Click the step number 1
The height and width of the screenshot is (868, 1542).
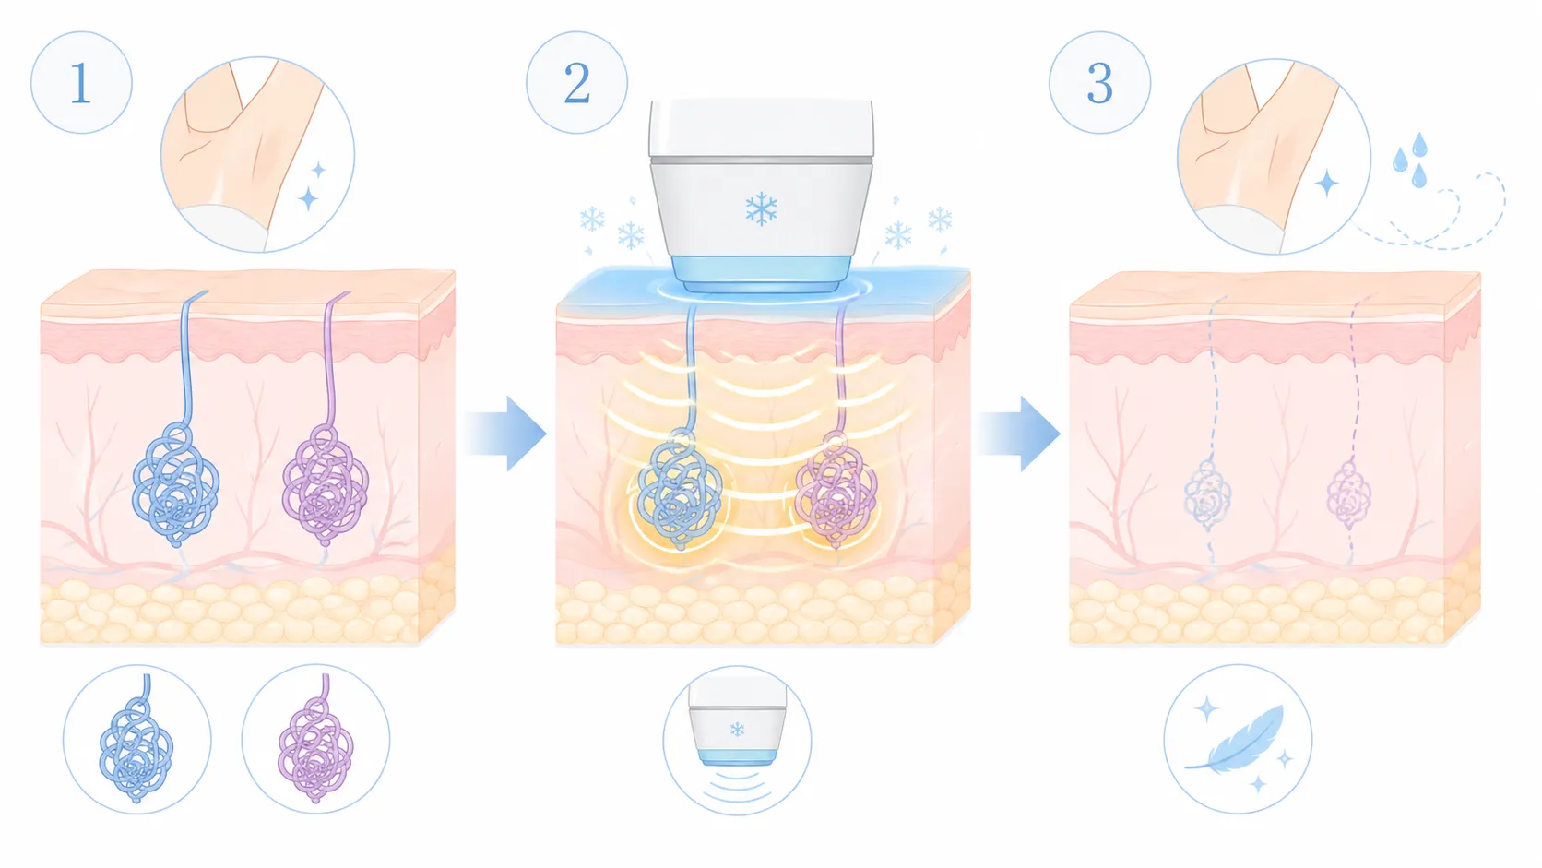pyautogui.click(x=80, y=83)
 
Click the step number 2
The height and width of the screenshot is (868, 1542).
pyautogui.click(x=577, y=83)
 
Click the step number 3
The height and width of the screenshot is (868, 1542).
pyautogui.click(x=1099, y=83)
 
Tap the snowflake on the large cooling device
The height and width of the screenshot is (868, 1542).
pyautogui.click(x=762, y=208)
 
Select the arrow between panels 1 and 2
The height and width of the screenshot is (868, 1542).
pyautogui.click(x=506, y=434)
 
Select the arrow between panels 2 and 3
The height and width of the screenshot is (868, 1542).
pyautogui.click(x=1019, y=434)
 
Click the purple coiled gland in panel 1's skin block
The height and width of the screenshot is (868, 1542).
pyautogui.click(x=326, y=485)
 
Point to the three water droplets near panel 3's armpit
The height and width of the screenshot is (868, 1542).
pyautogui.click(x=1410, y=160)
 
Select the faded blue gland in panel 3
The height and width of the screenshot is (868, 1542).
pyautogui.click(x=1207, y=494)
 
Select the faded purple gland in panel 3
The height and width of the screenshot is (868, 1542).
pyautogui.click(x=1349, y=494)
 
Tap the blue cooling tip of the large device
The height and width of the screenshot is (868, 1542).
pyautogui.click(x=762, y=273)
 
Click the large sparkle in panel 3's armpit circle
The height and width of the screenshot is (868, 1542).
pyautogui.click(x=1326, y=184)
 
